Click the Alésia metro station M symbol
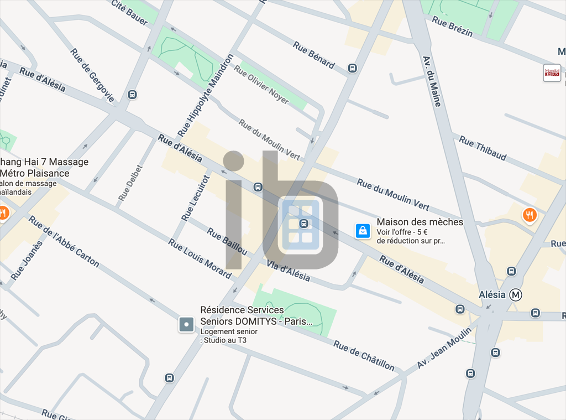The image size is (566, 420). tap(516, 295)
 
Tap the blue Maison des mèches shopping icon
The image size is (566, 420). tap(363, 230)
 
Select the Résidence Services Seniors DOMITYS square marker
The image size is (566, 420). tap(186, 324)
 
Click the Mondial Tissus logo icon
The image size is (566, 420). tap(552, 72)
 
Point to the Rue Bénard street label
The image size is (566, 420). tap(314, 55)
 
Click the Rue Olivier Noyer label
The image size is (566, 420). tap(261, 84)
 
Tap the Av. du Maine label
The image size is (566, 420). tap(432, 81)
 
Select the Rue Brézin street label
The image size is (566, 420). tap(453, 26)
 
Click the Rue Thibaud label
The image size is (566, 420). tap(483, 148)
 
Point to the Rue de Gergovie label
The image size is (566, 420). tap(92, 75)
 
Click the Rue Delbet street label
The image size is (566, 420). tap(130, 183)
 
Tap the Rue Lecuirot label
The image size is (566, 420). tap(196, 198)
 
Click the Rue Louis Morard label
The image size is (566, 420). tap(200, 258)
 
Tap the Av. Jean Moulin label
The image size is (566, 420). tap(444, 348)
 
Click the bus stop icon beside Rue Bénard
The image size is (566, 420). tap(352, 68)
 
